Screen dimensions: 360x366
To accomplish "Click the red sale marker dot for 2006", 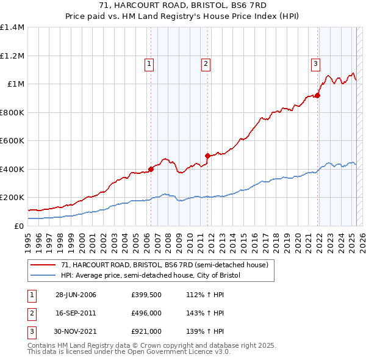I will coord(151,170).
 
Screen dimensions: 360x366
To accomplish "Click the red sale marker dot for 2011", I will coord(207,156).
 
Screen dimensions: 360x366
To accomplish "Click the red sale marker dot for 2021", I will coord(318,95).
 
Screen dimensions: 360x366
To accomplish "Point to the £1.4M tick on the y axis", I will coord(12,27).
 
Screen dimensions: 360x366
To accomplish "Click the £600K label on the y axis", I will coord(12,141).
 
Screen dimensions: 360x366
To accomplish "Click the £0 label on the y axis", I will coord(19,226).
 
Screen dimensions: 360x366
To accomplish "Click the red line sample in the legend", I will coord(43,265).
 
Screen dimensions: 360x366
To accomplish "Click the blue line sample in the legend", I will coord(43,275).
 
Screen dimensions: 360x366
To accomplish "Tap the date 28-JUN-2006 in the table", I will coord(76,295).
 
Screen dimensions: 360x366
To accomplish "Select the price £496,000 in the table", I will coord(146,314).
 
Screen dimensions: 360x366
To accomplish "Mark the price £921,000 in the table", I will coord(146,331).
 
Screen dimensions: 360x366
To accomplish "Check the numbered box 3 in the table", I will coord(31,331).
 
